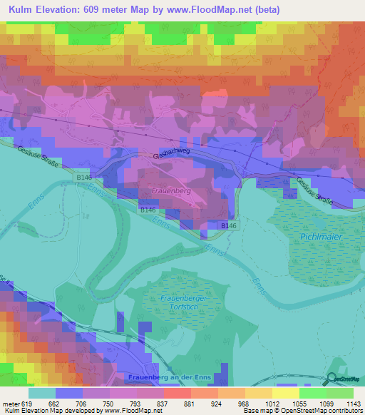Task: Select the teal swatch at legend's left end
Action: pyautogui.click(x=42, y=393)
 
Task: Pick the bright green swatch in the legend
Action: pyautogui.click(x=312, y=393)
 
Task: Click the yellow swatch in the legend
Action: pyautogui.click(x=285, y=393)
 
